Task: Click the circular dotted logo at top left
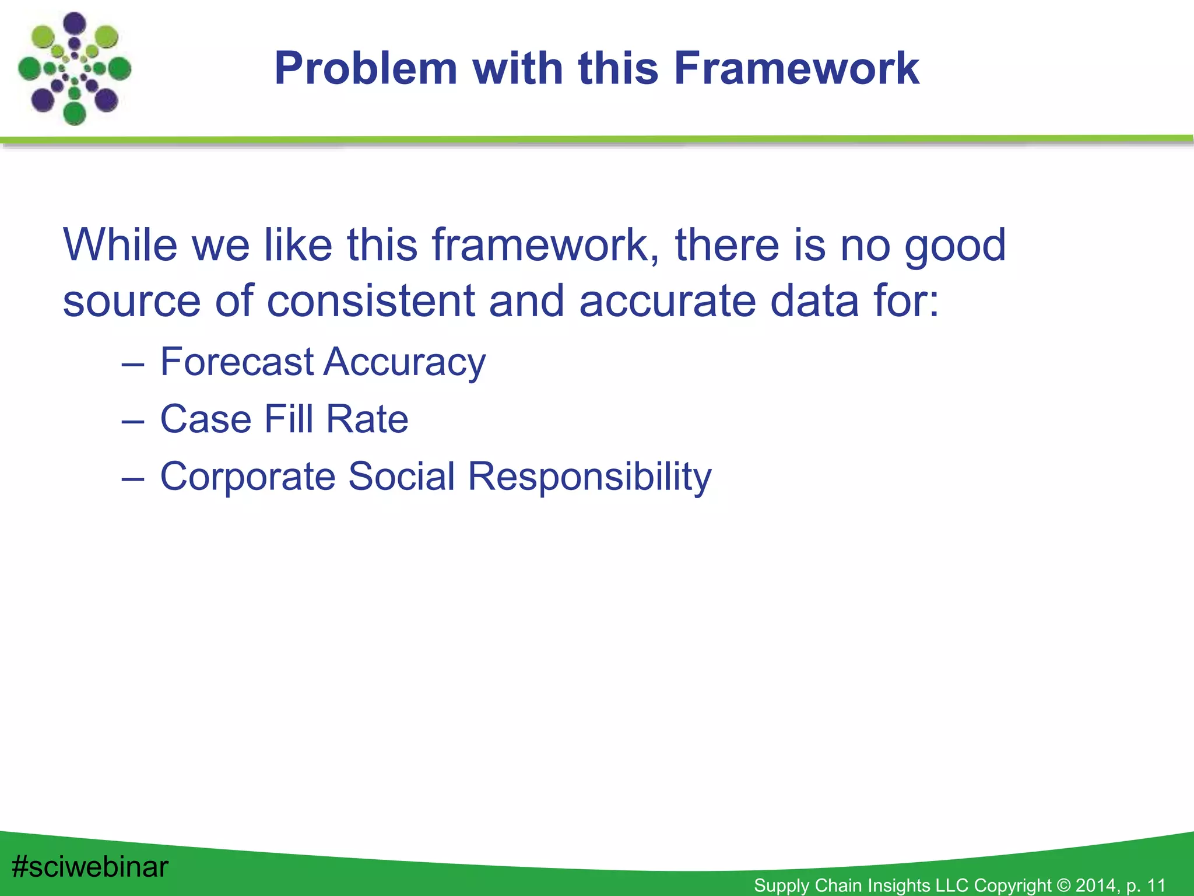click(x=75, y=69)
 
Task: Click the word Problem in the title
click(x=366, y=69)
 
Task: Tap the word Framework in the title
click(x=796, y=69)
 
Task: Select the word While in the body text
click(x=120, y=245)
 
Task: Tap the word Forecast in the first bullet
click(x=237, y=362)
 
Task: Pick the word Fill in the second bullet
click(x=289, y=419)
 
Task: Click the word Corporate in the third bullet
click(x=248, y=477)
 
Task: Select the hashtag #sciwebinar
click(x=90, y=867)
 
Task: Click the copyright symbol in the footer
click(x=1063, y=885)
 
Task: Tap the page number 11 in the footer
click(x=1156, y=885)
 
